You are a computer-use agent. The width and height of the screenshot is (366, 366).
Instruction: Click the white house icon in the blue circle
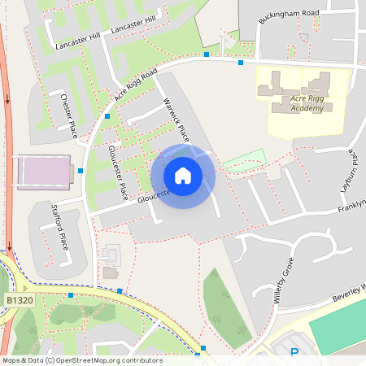tap(183, 176)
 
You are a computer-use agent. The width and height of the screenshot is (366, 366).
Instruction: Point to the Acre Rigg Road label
tap(135, 85)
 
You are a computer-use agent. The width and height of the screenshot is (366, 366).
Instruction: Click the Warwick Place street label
tap(176, 119)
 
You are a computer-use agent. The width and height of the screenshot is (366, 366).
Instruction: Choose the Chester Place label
tap(68, 115)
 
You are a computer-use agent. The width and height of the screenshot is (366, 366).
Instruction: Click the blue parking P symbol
tap(295, 352)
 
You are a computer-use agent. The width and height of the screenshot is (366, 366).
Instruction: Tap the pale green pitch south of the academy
tap(245, 158)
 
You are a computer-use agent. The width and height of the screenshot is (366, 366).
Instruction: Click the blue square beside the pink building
tap(81, 171)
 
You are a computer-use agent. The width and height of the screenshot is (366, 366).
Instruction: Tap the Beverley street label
tap(350, 291)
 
